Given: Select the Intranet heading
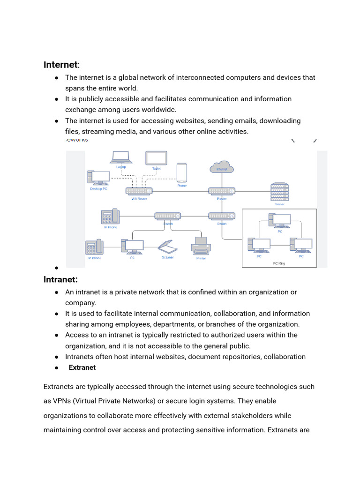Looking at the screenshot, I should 60,279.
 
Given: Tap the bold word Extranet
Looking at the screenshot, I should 82,367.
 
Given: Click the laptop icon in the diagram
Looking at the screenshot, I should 121,157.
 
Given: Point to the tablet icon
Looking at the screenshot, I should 156,158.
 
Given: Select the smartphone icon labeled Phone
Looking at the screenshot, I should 182,172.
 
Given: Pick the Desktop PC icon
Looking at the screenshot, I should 99,178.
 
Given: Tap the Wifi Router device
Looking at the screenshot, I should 139,191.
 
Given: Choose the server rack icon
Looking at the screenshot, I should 280,192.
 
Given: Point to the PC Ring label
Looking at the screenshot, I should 279,263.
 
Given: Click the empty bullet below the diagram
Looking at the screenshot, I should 56,268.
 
